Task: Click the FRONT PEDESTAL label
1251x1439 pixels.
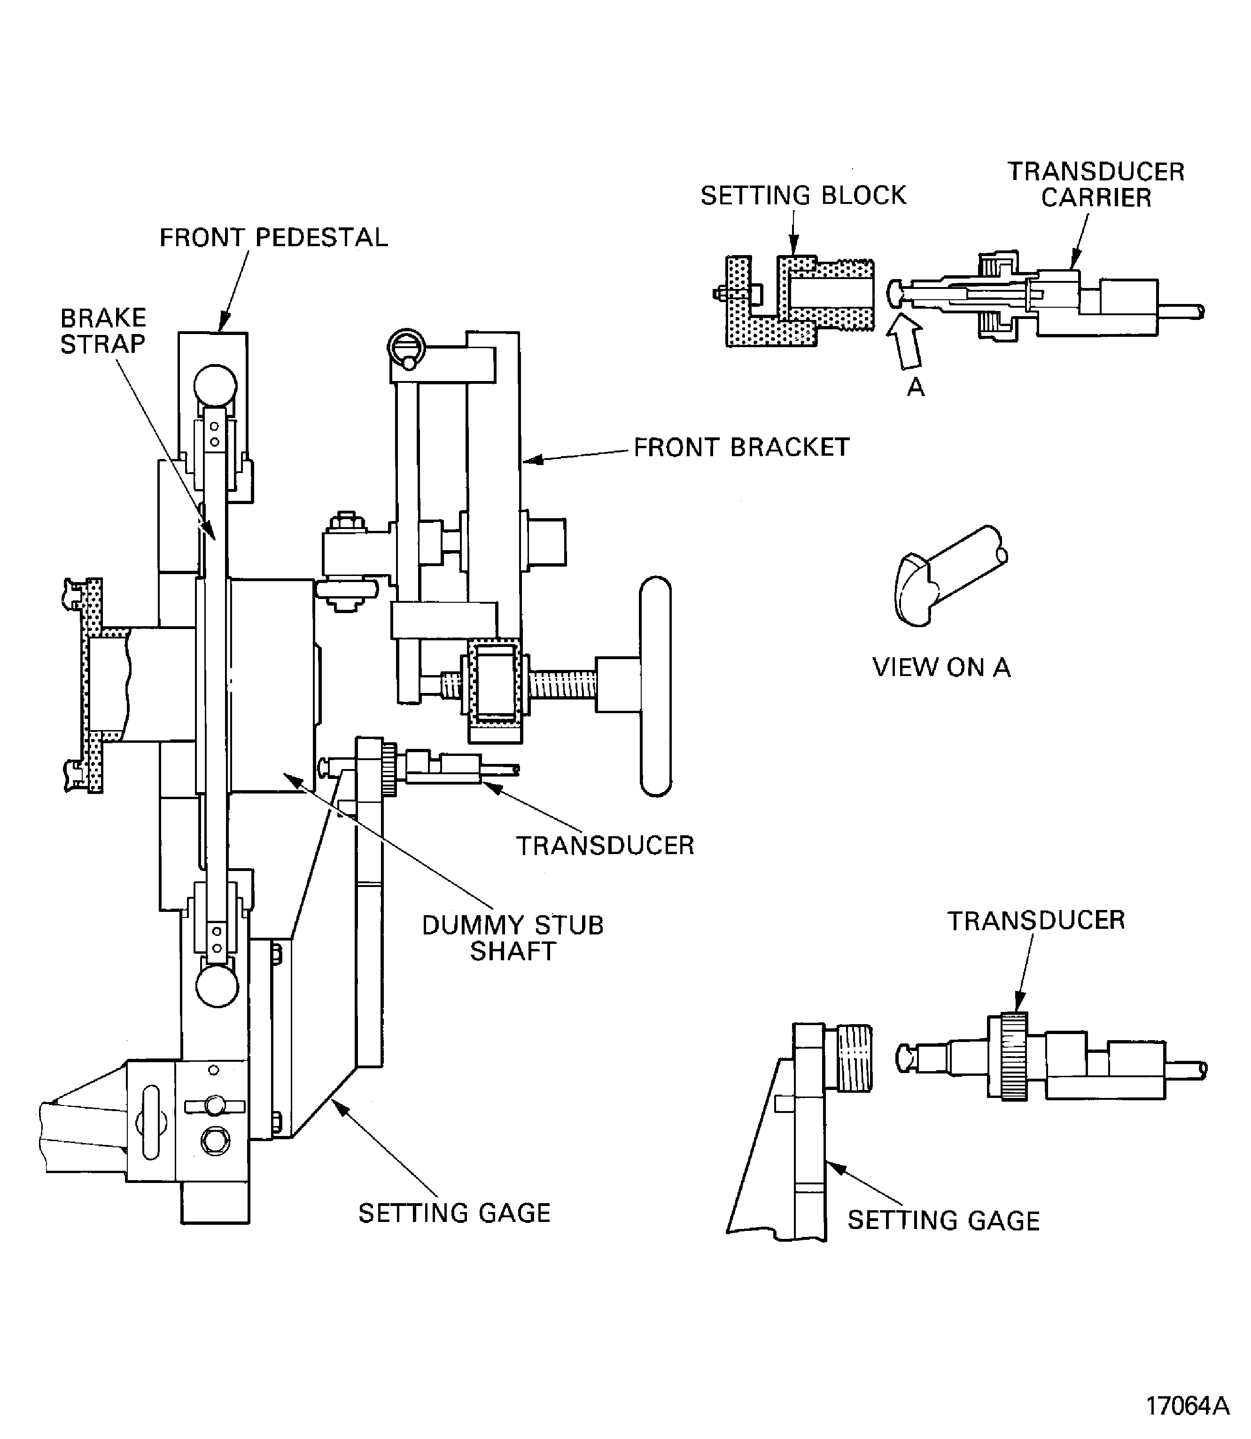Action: pyautogui.click(x=274, y=238)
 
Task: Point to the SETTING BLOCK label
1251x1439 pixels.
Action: pyautogui.click(x=803, y=195)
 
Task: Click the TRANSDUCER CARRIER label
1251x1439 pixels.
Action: pyautogui.click(x=1096, y=185)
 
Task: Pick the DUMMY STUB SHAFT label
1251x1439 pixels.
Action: pyautogui.click(x=513, y=938)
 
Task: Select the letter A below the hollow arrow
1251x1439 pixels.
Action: pyautogui.click(x=915, y=386)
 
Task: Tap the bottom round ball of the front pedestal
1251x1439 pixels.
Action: pyautogui.click(x=217, y=986)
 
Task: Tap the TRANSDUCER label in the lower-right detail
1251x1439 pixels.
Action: pyautogui.click(x=1036, y=920)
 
